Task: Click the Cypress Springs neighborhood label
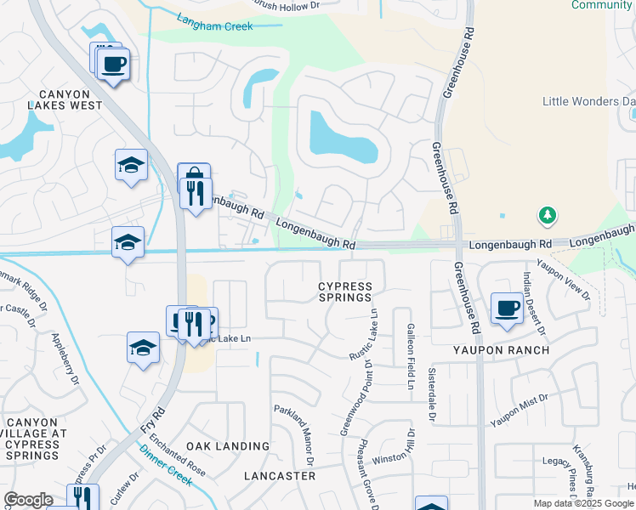pyautogui.click(x=345, y=292)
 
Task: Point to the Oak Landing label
pyautogui.click(x=228, y=446)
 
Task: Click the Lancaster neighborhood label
pyautogui.click(x=280, y=476)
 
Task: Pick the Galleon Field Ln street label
pyautogui.click(x=410, y=357)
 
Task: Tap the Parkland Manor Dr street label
pyautogui.click(x=294, y=434)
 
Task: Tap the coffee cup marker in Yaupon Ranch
pyautogui.click(x=508, y=308)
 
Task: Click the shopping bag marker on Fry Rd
pyautogui.click(x=194, y=177)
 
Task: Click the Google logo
pyautogui.click(x=28, y=500)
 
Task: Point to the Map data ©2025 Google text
pyautogui.click(x=584, y=503)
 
